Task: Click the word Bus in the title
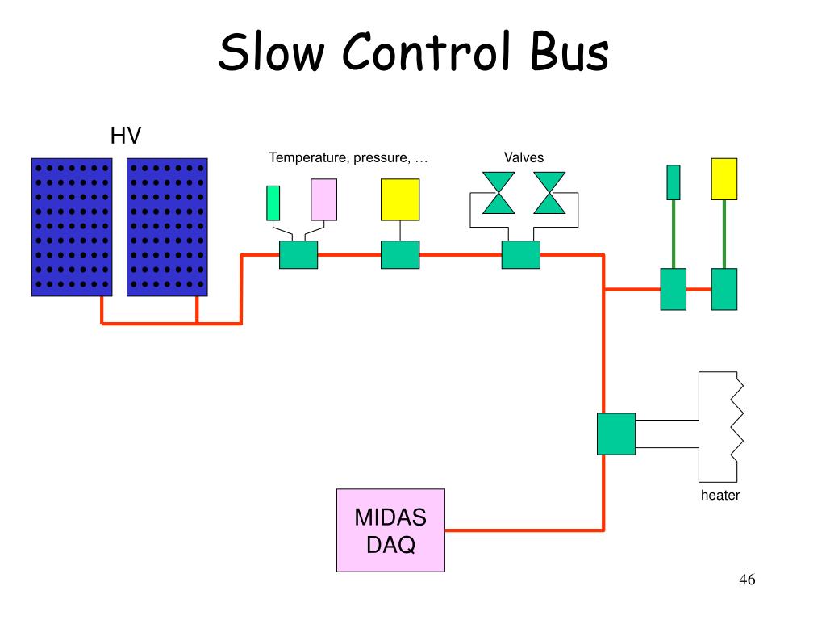tap(569, 52)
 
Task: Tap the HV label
tap(126, 136)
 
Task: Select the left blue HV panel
tap(72, 227)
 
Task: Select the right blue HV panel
tap(167, 227)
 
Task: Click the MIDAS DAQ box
tap(390, 530)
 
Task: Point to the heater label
tap(720, 496)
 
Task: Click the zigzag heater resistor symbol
tap(736, 428)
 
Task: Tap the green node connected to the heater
tap(616, 434)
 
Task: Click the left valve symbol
tap(499, 192)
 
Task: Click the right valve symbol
tap(550, 192)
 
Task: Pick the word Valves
tap(524, 157)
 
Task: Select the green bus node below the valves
tap(520, 255)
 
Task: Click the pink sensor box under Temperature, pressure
tap(323, 199)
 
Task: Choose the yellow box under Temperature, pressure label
tap(400, 199)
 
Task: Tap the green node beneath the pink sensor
tap(298, 255)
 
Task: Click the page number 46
tap(746, 580)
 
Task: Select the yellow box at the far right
tap(724, 179)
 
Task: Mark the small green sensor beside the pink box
tap(273, 203)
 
